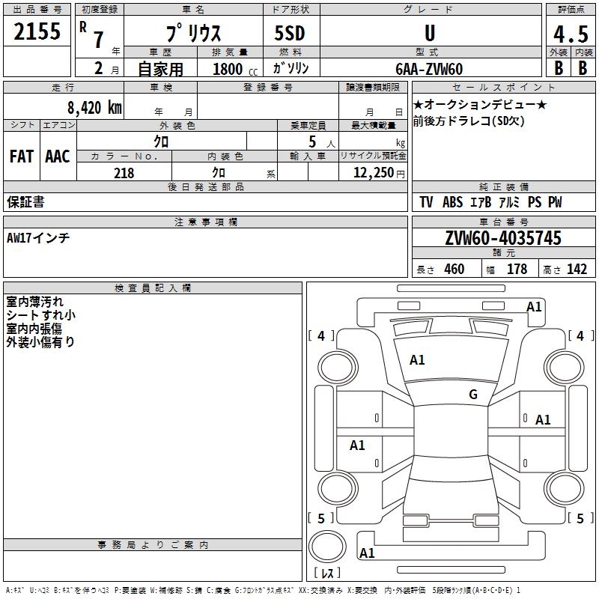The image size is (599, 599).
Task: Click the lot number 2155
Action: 37,31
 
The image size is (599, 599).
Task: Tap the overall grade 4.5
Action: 571,34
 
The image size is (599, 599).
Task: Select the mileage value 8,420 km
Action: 94,108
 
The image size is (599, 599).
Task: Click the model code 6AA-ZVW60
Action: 429,69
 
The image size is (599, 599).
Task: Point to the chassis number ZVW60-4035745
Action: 503,238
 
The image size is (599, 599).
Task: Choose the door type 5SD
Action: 290,33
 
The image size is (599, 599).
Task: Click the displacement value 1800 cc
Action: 235,70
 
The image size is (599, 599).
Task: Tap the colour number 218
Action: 124,173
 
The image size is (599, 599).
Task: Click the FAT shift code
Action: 22,156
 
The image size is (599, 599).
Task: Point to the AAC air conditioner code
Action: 58,156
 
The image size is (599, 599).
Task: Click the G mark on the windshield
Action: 473,395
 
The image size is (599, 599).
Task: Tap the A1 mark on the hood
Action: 417,360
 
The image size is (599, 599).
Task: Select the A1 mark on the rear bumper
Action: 367,553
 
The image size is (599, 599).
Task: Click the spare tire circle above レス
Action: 327,547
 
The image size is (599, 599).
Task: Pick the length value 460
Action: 454,270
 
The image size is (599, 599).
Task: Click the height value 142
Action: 577,270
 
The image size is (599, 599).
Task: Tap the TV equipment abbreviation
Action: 426,202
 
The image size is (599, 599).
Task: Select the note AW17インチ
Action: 38,238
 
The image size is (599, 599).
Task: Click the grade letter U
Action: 430,33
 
